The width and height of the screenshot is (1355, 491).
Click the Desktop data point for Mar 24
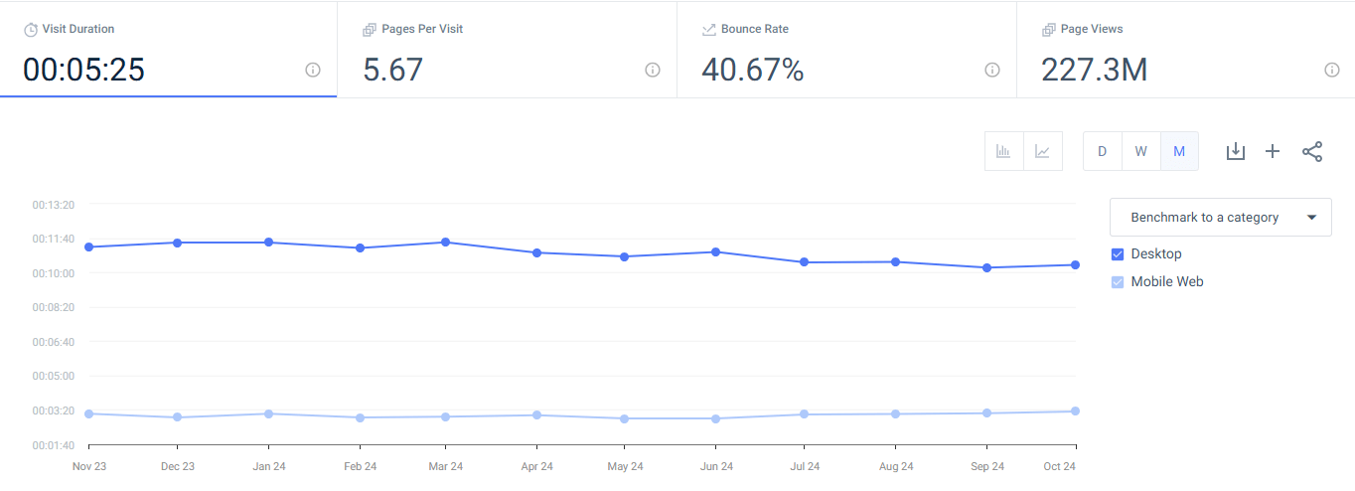pyautogui.click(x=446, y=242)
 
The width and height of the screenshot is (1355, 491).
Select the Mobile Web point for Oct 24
pyautogui.click(x=1076, y=410)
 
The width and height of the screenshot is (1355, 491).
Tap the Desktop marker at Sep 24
pyautogui.click(x=986, y=267)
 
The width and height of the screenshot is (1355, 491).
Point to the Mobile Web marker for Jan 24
pyautogui.click(x=269, y=413)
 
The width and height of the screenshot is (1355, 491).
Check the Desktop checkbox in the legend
pyautogui.click(x=1118, y=254)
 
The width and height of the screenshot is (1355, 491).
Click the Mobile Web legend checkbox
pyautogui.click(x=1118, y=282)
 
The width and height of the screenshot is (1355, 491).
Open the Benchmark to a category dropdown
pyautogui.click(x=1220, y=217)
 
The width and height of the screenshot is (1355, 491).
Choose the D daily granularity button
pyautogui.click(x=1102, y=151)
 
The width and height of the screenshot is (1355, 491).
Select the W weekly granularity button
pyautogui.click(x=1140, y=151)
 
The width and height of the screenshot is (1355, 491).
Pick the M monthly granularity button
pyautogui.click(x=1179, y=151)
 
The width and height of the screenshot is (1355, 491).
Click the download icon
pyautogui.click(x=1235, y=151)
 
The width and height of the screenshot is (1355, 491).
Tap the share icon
pyautogui.click(x=1312, y=151)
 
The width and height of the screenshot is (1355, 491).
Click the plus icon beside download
pyautogui.click(x=1273, y=151)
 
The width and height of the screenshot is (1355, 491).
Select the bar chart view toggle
pyautogui.click(x=1003, y=151)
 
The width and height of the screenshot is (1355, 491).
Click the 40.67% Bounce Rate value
pyautogui.click(x=752, y=70)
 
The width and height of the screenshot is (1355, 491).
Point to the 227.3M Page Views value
pyautogui.click(x=1094, y=70)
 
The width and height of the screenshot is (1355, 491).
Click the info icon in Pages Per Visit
pyautogui.click(x=653, y=70)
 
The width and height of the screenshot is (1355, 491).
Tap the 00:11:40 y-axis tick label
pyautogui.click(x=54, y=239)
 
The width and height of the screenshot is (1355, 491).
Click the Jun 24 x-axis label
pyautogui.click(x=716, y=466)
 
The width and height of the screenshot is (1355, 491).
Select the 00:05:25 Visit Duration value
pyautogui.click(x=84, y=70)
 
